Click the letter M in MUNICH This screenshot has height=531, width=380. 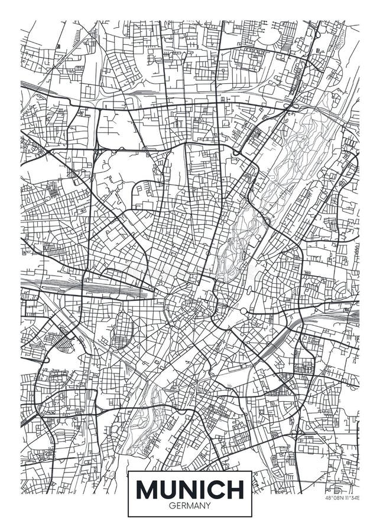148,489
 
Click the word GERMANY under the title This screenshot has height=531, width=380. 190,505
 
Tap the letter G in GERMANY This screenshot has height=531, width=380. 172,505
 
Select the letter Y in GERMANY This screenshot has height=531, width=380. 207,505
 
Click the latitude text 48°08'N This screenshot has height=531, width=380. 333,498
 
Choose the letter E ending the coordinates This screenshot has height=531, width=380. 358,498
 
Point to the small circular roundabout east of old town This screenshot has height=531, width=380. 243,311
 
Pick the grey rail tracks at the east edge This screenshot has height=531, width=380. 349,316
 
